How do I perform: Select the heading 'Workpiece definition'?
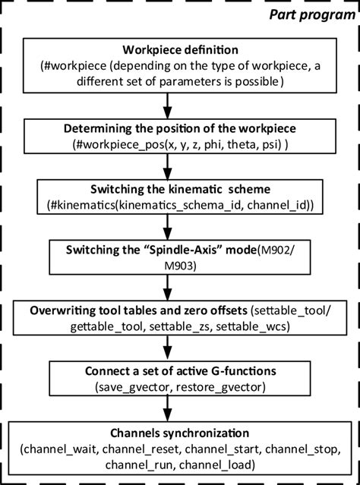[180, 52]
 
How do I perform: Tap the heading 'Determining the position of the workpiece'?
[180, 129]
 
